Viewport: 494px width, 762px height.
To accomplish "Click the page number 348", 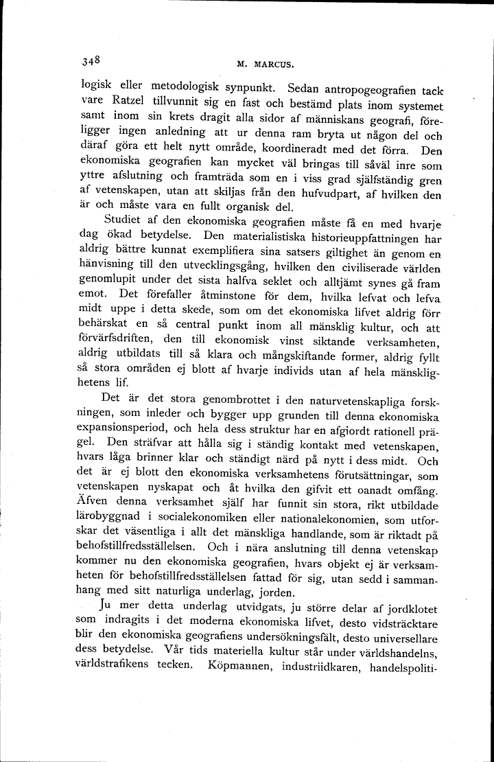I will point(89,60).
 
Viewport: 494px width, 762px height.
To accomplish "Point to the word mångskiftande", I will point(317,356).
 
